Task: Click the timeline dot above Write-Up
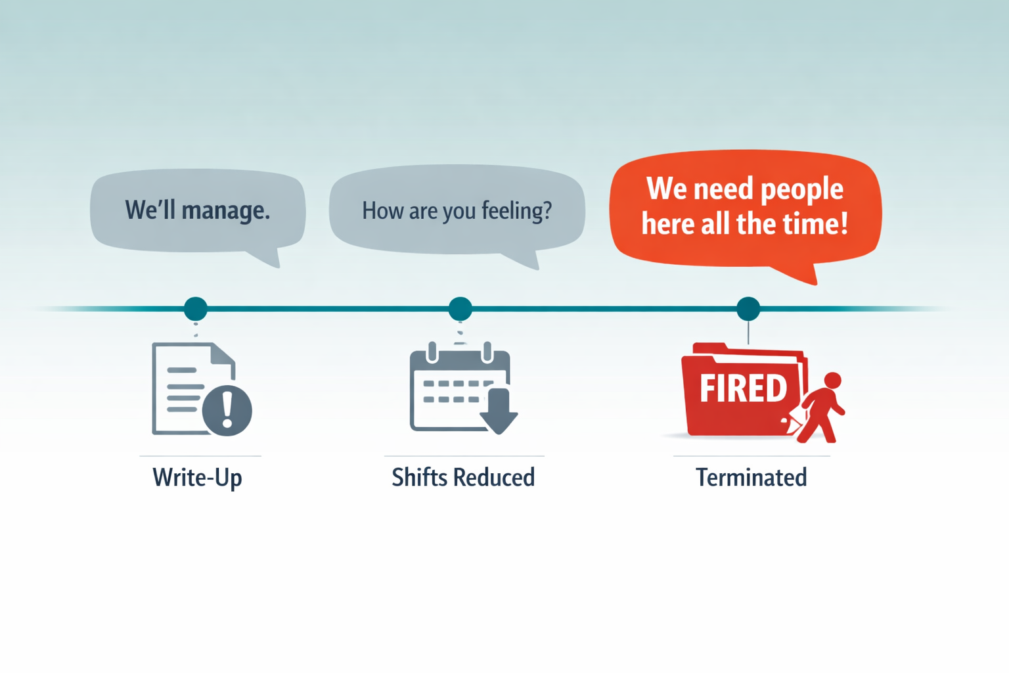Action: coord(196,308)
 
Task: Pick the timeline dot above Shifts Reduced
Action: coord(460,308)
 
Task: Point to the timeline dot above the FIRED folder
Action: coord(748,308)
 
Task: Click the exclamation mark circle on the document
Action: coord(227,410)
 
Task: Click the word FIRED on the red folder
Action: coord(743,388)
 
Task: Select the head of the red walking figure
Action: coord(833,381)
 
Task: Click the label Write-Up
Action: coord(197,477)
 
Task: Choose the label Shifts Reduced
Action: coord(463,477)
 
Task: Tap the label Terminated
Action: coord(751,477)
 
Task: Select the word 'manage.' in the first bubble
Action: coord(225,210)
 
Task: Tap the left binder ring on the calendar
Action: coord(432,352)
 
